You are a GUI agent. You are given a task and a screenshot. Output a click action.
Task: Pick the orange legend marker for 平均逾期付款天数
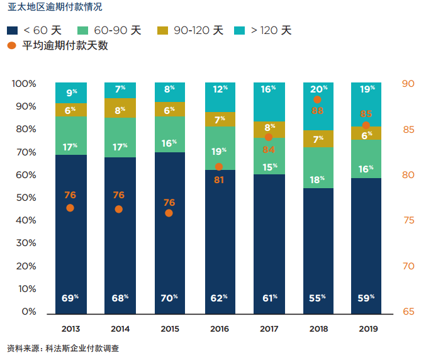coord(12,45)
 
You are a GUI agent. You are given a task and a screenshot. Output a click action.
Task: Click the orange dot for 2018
coord(317,99)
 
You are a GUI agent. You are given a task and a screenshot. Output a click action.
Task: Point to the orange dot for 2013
coord(70,208)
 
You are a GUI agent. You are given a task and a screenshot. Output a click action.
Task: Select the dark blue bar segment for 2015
coord(170,233)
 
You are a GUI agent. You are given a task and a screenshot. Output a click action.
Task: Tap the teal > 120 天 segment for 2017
coord(269,101)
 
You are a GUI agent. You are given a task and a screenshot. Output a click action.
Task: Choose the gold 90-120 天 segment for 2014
coord(120,108)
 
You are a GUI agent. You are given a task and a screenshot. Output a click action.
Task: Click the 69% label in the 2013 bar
coord(70,298)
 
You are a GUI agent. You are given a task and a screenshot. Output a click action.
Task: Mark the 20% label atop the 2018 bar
coord(318,89)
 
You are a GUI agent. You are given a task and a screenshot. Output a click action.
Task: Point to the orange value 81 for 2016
coord(219,179)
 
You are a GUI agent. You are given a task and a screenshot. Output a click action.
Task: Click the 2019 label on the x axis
coord(367,329)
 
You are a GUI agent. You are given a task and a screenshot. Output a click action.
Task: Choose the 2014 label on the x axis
coord(120,329)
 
